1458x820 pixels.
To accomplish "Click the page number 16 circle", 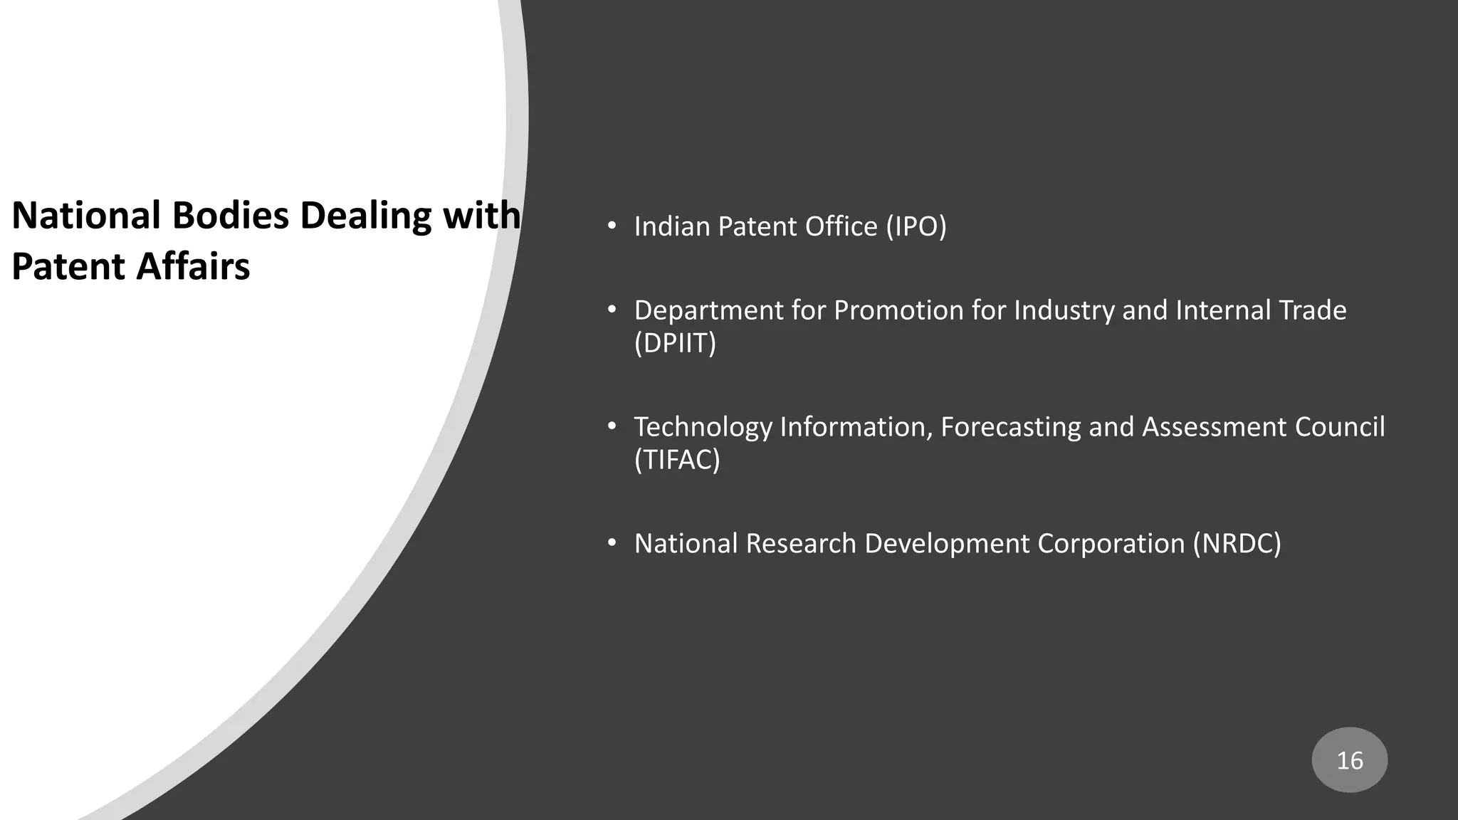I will point(1349,760).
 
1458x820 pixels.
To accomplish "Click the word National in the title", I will point(87,215).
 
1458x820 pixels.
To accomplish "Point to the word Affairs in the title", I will point(193,267).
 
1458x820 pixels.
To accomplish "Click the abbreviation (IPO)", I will point(916,226).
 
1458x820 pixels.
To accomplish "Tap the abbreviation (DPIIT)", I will point(675,343).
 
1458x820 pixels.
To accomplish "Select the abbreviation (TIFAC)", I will point(677,460).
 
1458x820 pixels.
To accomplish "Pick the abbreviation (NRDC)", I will point(1237,544).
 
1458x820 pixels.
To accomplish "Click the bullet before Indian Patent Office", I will point(611,226).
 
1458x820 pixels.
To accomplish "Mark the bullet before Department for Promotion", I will point(611,310).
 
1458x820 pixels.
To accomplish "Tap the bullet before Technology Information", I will point(611,427).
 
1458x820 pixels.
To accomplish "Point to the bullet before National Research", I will point(611,544).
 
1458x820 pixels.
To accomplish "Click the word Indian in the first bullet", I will point(671,226).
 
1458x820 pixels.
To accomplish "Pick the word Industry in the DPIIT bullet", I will point(1064,310).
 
